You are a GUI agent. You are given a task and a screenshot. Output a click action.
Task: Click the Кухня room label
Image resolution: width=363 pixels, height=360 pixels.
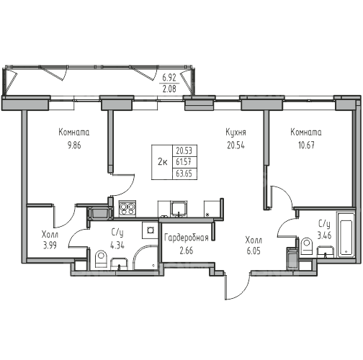pyautogui.click(x=236, y=132)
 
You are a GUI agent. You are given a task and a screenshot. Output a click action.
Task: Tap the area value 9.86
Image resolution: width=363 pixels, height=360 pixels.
pyautogui.click(x=74, y=145)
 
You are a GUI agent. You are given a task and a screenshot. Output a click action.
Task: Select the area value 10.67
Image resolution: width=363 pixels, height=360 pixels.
pyautogui.click(x=306, y=145)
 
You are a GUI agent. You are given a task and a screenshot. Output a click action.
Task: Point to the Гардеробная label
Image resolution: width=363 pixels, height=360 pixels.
pyautogui.click(x=187, y=238)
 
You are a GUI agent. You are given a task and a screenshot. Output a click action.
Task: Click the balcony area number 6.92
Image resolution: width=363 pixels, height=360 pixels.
pyautogui.click(x=169, y=78)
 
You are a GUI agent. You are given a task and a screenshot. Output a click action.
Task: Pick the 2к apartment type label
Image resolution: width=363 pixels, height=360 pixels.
pyautogui.click(x=162, y=162)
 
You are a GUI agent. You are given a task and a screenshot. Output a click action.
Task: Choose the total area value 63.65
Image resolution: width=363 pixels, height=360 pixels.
pyautogui.click(x=184, y=174)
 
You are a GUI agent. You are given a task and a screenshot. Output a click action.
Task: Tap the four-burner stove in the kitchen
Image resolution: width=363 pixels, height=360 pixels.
pyautogui.click(x=127, y=209)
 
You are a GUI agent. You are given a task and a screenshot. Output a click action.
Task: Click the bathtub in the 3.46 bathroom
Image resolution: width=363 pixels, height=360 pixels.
pyautogui.click(x=346, y=235)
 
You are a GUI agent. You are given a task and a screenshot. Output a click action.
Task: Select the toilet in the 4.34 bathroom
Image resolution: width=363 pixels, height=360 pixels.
pyautogui.click(x=101, y=259)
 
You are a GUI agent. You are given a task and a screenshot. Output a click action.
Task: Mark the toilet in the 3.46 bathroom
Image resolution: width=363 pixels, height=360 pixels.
pyautogui.click(x=307, y=246)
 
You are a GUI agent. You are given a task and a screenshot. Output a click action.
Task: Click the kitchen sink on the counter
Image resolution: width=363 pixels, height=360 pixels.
pyautogui.click(x=179, y=208)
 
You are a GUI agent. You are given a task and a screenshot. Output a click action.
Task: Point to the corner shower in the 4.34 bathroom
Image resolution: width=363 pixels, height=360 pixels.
pyautogui.click(x=145, y=258)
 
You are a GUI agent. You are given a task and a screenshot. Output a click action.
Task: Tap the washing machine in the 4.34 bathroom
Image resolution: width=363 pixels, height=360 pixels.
pyautogui.click(x=151, y=230)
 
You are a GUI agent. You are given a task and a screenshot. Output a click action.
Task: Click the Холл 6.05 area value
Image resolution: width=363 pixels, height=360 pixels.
pyautogui.click(x=254, y=251)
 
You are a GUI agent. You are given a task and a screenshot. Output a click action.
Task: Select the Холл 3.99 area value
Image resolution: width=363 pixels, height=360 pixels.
pyautogui.click(x=50, y=246)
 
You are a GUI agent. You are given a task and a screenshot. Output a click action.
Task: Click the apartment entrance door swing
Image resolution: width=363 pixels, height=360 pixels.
pyautogui.click(x=238, y=286)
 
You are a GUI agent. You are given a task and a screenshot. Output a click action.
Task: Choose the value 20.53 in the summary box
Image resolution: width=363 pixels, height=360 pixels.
pyautogui.click(x=184, y=151)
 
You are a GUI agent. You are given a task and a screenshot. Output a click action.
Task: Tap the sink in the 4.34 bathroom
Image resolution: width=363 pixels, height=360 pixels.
pyautogui.click(x=119, y=264)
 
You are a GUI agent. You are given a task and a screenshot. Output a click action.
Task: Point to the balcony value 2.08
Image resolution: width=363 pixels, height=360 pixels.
pyautogui.click(x=169, y=89)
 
